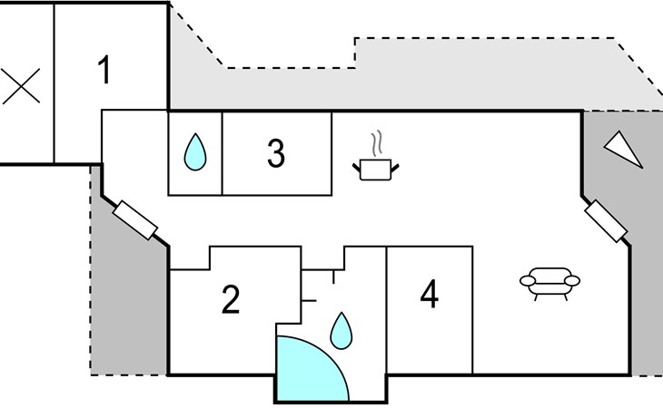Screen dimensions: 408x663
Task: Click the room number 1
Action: click(105, 70)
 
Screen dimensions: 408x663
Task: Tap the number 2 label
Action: click(231, 299)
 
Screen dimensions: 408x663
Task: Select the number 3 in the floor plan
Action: click(276, 153)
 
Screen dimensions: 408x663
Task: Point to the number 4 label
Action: click(429, 295)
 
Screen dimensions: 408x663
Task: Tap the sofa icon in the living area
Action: click(550, 282)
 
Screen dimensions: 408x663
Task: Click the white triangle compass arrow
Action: click(624, 149)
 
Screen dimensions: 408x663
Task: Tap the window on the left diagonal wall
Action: click(136, 219)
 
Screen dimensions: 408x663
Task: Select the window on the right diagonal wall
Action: click(607, 222)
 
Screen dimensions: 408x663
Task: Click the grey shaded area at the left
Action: click(127, 299)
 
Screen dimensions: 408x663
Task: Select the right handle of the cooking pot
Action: click(398, 164)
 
